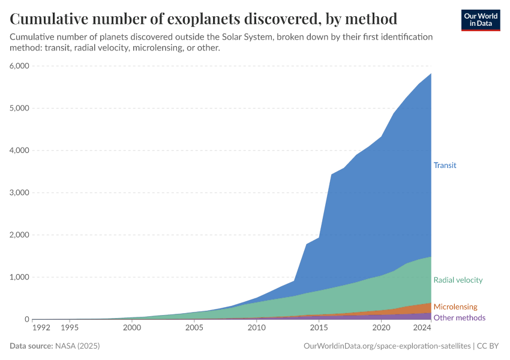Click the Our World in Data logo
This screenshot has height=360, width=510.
[481, 20]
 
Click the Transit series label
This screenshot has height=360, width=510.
[445, 165]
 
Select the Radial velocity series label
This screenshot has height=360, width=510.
[458, 280]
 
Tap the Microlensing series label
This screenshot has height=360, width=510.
[455, 307]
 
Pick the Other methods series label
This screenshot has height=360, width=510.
[459, 317]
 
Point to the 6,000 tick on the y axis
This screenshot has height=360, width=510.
[19, 66]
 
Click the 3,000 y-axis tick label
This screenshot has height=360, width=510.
[19, 193]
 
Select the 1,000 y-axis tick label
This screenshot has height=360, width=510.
[19, 277]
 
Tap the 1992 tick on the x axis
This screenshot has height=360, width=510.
[41, 328]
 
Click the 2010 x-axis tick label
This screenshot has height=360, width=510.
[256, 328]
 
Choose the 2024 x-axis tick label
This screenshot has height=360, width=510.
[422, 328]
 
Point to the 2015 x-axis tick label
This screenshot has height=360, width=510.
[319, 328]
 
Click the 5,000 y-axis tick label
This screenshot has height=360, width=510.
[19, 108]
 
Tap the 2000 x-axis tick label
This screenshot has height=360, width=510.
[132, 328]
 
